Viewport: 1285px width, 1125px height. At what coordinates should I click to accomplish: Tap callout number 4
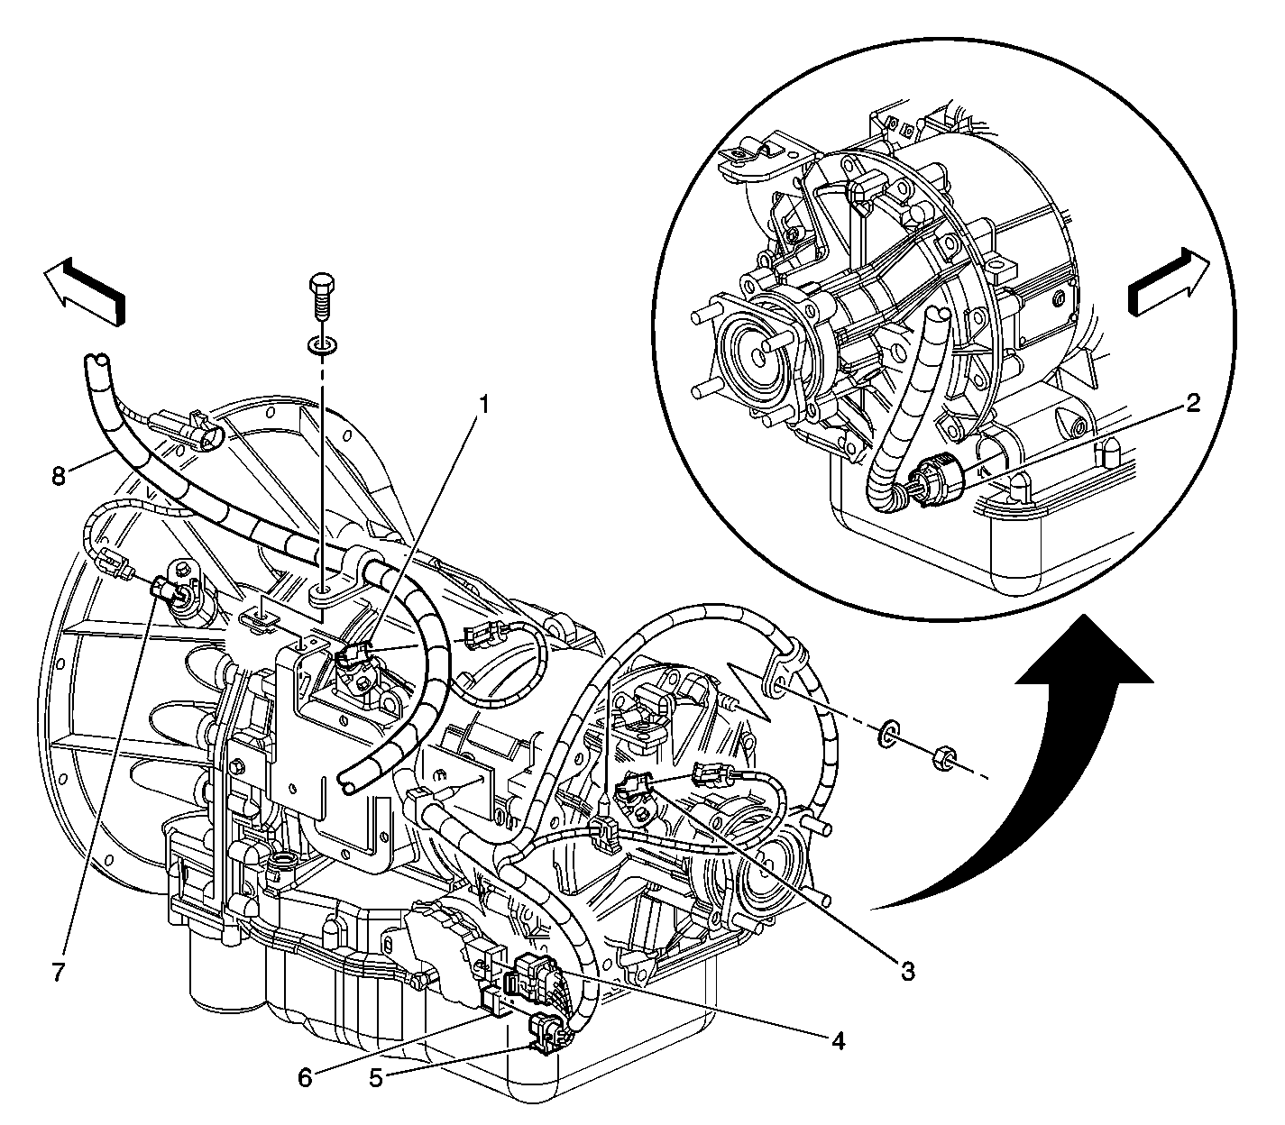point(838,1040)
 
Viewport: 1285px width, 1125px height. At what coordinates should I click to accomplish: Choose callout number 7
point(58,972)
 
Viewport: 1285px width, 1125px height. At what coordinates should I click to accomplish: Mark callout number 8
point(59,475)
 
